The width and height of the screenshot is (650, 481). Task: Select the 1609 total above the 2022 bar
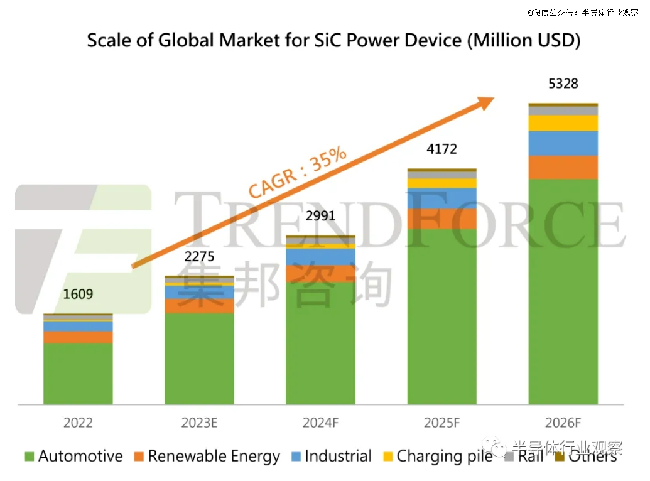[x=78, y=293]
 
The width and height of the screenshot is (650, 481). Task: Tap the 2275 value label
[x=199, y=257]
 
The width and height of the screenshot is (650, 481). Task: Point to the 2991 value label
[x=320, y=216]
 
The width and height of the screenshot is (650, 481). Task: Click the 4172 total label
[x=441, y=149]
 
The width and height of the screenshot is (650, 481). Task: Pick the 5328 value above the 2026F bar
[x=563, y=84]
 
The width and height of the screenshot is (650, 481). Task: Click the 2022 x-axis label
[x=78, y=423]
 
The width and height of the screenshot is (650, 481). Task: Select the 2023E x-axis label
[x=199, y=423]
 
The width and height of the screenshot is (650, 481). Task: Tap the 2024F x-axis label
[x=320, y=423]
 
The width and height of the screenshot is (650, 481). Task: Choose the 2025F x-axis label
[x=441, y=423]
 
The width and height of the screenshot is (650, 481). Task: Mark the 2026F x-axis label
[x=563, y=423]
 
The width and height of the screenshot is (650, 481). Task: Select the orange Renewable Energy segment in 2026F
[x=563, y=168]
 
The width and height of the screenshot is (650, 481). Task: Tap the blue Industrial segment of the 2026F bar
[x=563, y=143]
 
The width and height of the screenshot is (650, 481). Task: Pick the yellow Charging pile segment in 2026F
[x=563, y=123]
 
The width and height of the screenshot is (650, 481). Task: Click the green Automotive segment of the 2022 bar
[x=78, y=374]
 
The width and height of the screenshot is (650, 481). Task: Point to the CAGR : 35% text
[x=298, y=173]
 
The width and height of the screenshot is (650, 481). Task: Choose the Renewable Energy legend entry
[x=208, y=457]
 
